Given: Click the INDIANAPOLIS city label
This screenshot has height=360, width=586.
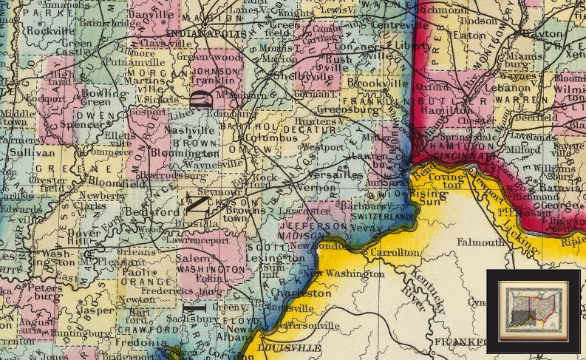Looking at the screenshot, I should coord(206,34).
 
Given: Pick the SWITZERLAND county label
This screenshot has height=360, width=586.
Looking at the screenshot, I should coord(383,219).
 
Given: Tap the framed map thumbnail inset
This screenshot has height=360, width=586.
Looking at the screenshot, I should coord(533,310).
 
